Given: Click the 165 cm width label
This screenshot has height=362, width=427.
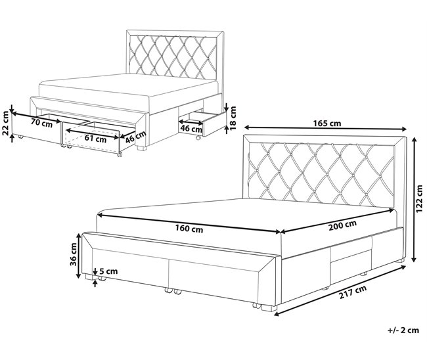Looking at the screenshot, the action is point(326,124).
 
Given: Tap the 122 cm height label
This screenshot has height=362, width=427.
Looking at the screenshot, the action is point(419,198).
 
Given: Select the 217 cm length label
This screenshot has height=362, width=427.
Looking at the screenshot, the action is point(353,292).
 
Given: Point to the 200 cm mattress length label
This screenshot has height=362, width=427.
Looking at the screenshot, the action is point(342,225).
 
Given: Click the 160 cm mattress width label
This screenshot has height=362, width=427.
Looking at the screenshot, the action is point(189,229).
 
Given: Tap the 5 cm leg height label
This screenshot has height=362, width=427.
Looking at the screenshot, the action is point(108,271).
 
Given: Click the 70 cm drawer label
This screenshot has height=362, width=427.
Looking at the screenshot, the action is point(41,123).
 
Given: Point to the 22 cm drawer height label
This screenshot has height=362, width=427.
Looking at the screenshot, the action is point(6,124).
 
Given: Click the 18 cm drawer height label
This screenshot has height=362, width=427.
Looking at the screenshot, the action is point(233,118).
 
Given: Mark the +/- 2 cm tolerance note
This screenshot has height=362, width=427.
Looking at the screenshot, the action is point(403,330).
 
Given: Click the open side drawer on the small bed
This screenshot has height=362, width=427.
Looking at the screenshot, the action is point(203,124).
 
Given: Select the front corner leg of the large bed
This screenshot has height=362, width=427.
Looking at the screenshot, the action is point(269,308).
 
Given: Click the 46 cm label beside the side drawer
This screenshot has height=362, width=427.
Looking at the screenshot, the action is point(191,129).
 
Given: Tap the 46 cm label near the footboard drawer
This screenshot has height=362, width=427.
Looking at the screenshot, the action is point(135,137).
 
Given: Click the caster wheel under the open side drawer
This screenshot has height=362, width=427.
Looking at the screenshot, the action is point(198,138).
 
